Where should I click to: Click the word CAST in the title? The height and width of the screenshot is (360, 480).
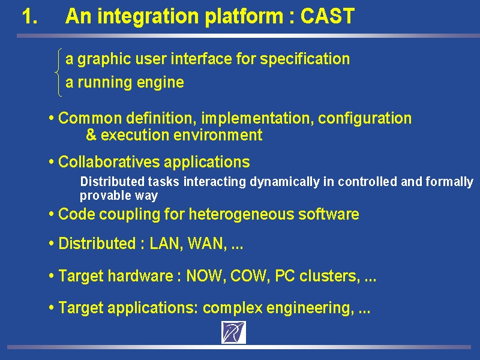[x=328, y=16]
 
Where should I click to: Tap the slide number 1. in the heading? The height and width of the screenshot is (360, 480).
[x=30, y=16]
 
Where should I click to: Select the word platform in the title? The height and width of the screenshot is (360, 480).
[x=244, y=17]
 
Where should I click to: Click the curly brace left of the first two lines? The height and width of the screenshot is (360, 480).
[x=58, y=72]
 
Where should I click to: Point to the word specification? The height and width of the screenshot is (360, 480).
[x=305, y=59]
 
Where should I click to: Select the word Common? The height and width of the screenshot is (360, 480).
[x=90, y=118]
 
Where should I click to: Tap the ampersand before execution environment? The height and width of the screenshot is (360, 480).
[x=91, y=134]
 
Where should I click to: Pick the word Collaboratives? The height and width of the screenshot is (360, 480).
[x=109, y=162]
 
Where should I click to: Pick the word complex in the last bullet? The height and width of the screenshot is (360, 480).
[x=233, y=308]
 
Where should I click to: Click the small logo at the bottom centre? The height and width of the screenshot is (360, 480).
[x=233, y=332]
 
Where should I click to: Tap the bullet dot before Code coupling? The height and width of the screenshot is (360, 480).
[x=52, y=214]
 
